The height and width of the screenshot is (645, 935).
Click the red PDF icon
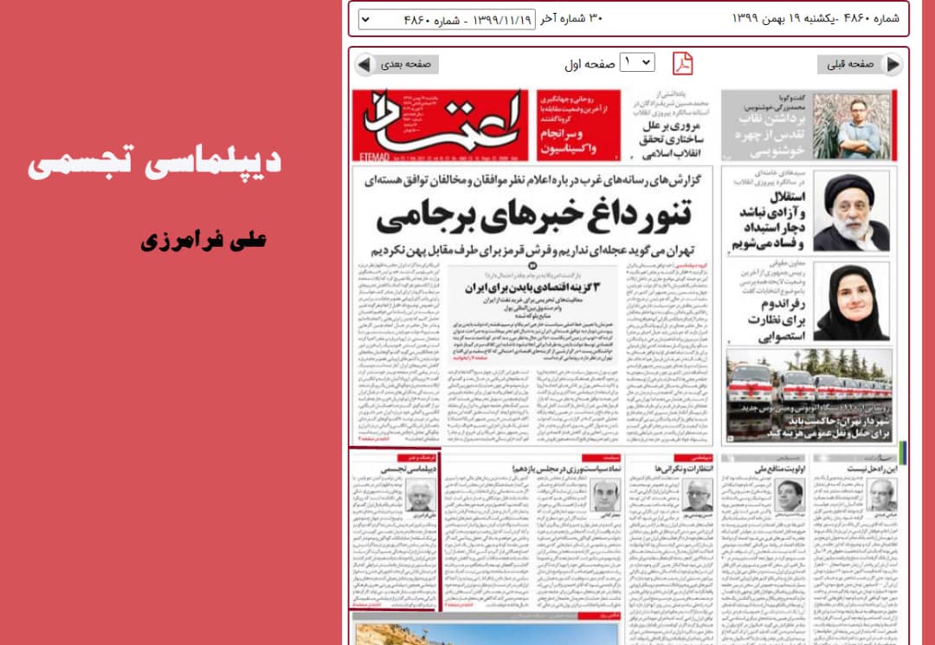684,63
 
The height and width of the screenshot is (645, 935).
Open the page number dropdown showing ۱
637,63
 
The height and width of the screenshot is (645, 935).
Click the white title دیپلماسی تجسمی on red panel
154,164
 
